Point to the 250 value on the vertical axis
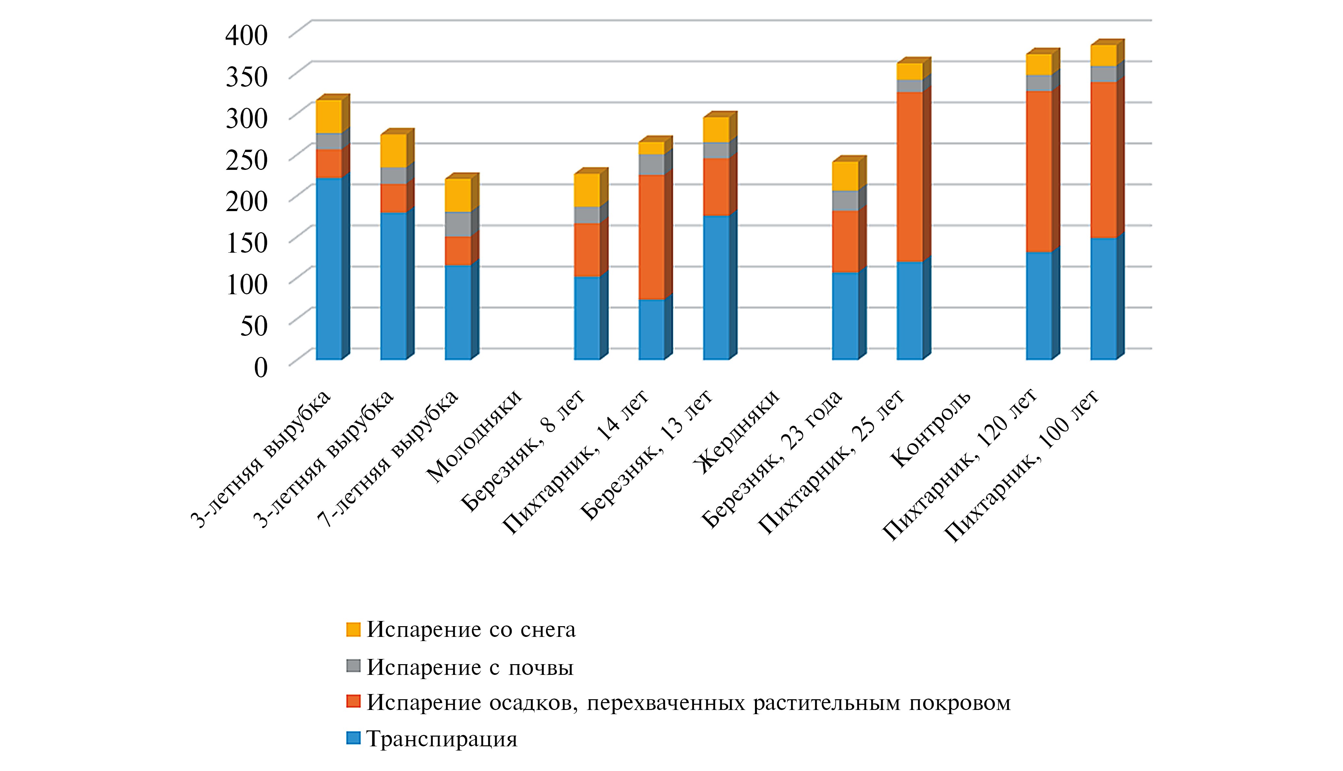point(247,159)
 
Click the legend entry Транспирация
point(441,739)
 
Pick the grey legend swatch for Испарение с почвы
point(353,666)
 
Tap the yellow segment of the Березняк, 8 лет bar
point(587,190)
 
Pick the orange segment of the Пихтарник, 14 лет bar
point(651,237)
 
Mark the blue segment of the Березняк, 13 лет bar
point(716,287)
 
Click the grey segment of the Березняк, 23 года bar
point(845,201)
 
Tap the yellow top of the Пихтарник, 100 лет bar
point(1103,56)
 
